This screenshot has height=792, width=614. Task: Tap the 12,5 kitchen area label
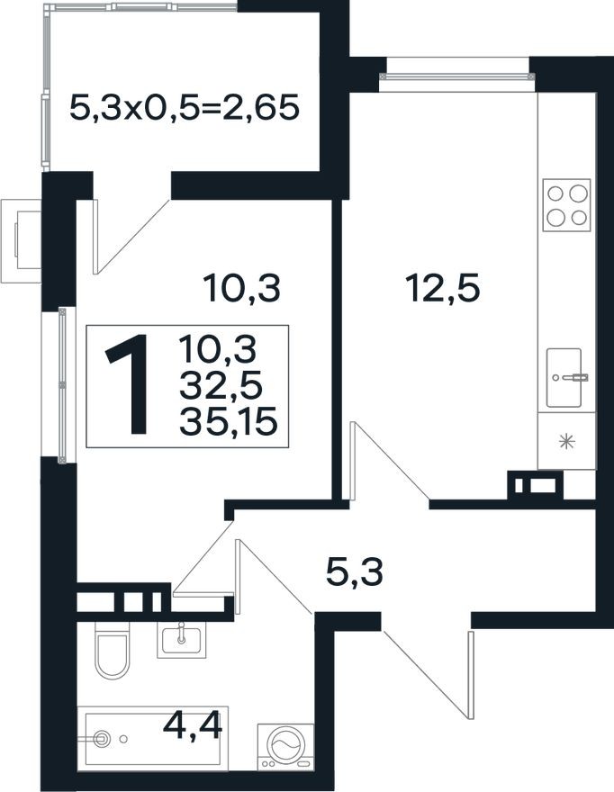click(x=442, y=289)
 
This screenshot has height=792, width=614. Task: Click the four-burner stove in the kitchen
click(x=567, y=205)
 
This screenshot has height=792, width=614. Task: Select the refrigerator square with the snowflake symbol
click(x=566, y=441)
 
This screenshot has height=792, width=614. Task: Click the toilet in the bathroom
click(x=112, y=655)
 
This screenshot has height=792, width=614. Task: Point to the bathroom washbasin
click(x=183, y=639)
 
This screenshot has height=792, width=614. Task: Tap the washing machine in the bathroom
click(x=285, y=746)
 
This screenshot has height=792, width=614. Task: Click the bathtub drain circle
click(x=102, y=739)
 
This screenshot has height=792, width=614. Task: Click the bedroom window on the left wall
click(x=62, y=384)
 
